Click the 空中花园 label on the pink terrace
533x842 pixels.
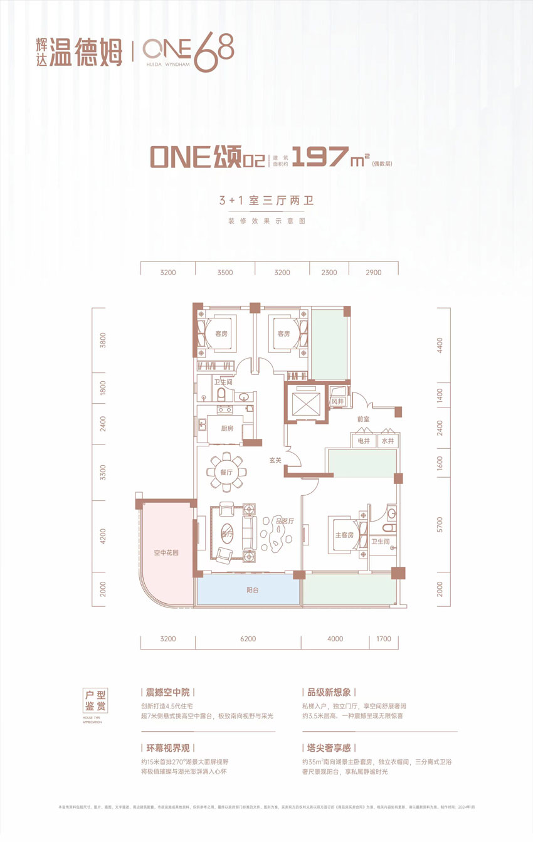[x=167, y=553]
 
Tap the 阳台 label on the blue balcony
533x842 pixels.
[x=249, y=590]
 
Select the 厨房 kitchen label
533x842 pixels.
[x=227, y=429]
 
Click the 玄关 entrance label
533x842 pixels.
[x=275, y=460]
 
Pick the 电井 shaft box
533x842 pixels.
[x=363, y=441]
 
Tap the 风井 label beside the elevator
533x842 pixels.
[x=338, y=401]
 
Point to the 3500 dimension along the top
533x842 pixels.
[x=225, y=272]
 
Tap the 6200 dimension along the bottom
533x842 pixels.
[x=248, y=639]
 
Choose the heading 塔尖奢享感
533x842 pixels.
[x=329, y=748]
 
